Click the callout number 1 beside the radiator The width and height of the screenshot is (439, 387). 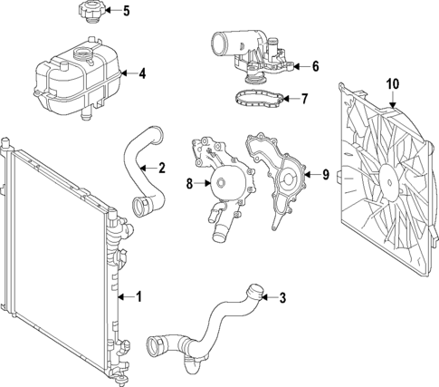[x=138, y=295]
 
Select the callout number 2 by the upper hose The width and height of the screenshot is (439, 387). [x=161, y=167]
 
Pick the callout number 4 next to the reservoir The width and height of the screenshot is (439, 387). [x=141, y=73]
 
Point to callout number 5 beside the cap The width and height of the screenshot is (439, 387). [x=126, y=12]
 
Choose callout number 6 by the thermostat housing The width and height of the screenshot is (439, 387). [x=315, y=66]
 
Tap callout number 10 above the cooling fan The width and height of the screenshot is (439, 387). [x=392, y=84]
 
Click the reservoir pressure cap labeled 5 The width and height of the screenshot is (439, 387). [x=84, y=15]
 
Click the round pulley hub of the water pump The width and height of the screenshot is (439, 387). [x=221, y=185]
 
